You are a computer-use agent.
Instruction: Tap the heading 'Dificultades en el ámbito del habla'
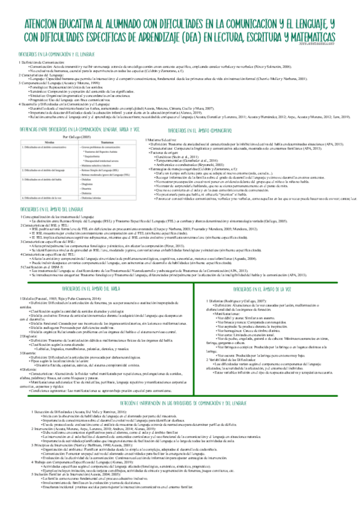pyautogui.click(x=91, y=289)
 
